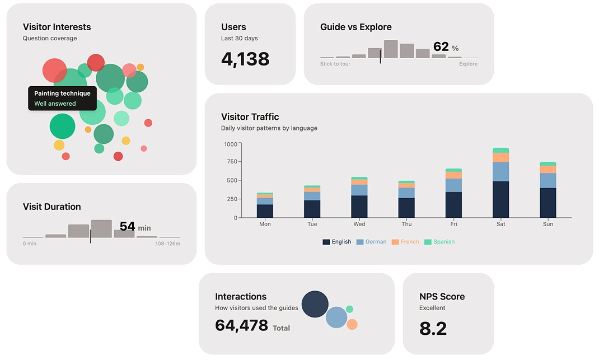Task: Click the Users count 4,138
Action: [x=245, y=59]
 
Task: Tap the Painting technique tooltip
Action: [x=62, y=99]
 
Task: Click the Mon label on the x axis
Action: [x=265, y=224]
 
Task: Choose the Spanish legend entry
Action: [x=439, y=242]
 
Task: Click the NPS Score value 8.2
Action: [x=433, y=329]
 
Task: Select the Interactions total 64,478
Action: [x=241, y=325]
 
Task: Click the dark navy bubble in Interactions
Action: [x=315, y=304]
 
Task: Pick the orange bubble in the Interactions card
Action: [x=352, y=324]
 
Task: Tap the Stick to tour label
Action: [x=335, y=64]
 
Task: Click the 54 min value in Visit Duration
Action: [x=135, y=227]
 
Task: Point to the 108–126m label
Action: [x=167, y=244]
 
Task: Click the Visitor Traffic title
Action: [x=250, y=116]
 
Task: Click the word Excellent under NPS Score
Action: [x=432, y=308]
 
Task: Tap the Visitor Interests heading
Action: [x=57, y=27]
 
